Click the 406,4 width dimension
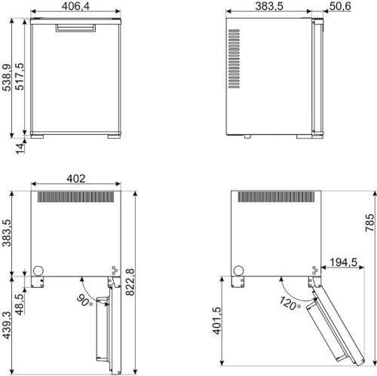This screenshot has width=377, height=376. [x=75, y=6]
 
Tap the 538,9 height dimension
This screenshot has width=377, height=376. [x=7, y=78]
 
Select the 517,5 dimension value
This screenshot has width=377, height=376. [x=20, y=77]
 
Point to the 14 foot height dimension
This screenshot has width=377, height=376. [x=20, y=148]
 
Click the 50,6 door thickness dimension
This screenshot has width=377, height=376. [x=340, y=6]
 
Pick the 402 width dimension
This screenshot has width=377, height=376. [x=76, y=179]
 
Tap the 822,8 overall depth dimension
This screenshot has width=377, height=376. [x=130, y=282]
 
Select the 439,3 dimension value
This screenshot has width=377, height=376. [x=7, y=326]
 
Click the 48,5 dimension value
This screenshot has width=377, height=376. [x=20, y=304]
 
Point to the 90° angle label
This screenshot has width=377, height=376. [x=84, y=301]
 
